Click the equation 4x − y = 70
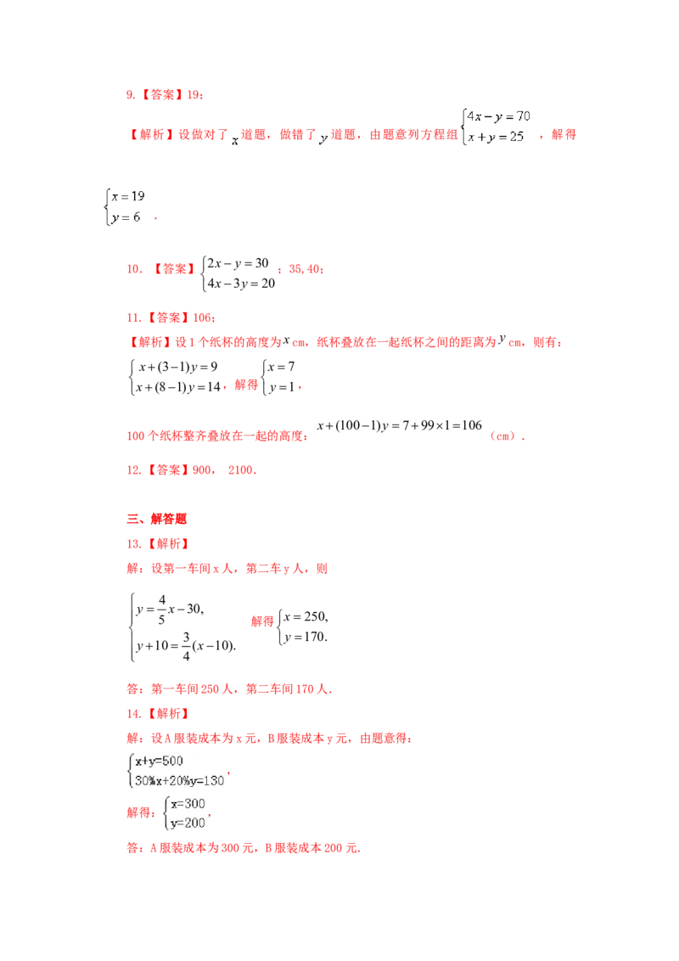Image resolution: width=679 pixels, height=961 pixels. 499,116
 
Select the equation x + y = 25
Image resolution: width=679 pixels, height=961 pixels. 496,137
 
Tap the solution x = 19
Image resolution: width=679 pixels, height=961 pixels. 128,196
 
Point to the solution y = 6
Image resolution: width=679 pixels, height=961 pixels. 126,217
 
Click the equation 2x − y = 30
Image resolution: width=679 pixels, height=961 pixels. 238,263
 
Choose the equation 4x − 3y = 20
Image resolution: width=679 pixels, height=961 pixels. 241,284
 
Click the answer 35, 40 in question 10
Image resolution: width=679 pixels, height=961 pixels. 306,269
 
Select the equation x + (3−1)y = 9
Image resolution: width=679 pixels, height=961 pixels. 178,367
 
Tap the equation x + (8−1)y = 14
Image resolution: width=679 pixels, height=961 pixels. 177,387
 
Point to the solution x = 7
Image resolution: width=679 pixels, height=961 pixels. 281,367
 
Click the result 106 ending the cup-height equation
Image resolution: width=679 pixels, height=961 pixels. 472,425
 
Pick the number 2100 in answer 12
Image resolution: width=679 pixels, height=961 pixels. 241,470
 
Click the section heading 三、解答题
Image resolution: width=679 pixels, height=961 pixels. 156,519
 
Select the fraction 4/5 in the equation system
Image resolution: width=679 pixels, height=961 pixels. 162,610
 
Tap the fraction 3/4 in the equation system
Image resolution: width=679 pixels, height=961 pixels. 186,646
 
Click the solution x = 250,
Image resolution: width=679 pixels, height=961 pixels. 306,616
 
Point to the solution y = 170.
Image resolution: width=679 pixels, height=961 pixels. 306,637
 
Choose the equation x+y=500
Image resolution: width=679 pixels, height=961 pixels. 160,761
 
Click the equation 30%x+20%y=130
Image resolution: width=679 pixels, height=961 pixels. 180,781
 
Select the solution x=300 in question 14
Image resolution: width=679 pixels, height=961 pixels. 188,803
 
